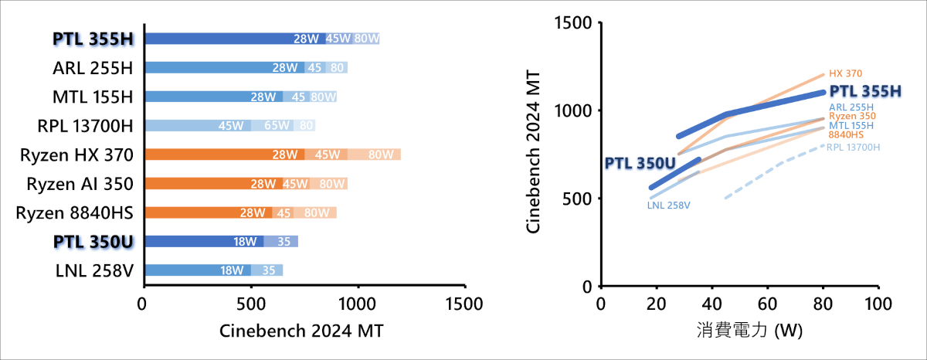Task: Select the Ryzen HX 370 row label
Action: tap(77, 155)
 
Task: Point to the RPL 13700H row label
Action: tap(86, 125)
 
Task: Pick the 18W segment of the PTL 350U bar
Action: tap(245, 241)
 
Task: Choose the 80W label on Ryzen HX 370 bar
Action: tap(381, 155)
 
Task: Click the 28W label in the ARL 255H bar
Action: tap(284, 67)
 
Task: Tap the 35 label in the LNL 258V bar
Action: tap(269, 270)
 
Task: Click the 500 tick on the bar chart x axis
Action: tap(251, 305)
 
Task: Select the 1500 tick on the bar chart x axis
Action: tap(465, 305)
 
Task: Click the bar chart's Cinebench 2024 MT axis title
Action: tap(302, 331)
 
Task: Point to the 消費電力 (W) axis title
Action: tap(740, 331)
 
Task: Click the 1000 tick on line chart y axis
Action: tap(576, 110)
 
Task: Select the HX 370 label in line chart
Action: tap(845, 74)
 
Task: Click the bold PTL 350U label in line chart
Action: tap(640, 163)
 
